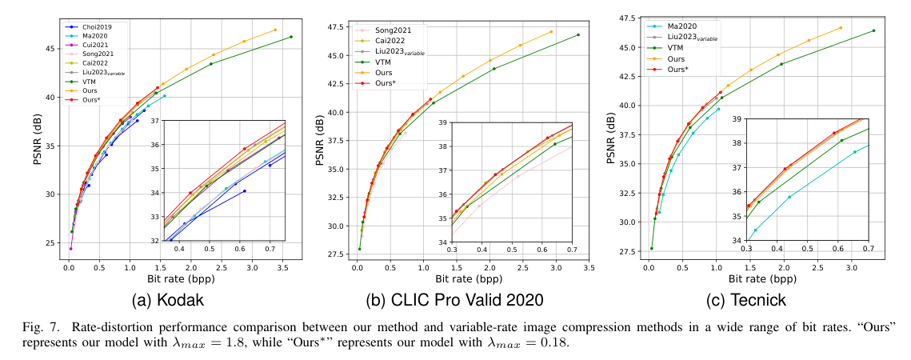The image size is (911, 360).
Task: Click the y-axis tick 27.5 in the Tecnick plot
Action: tap(625, 251)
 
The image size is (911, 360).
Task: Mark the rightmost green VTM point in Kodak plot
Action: tap(291, 37)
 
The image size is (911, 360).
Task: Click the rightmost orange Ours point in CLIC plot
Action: tap(551, 32)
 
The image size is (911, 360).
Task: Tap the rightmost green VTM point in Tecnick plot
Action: tap(873, 30)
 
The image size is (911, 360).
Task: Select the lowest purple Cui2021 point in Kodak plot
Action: tap(70, 248)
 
